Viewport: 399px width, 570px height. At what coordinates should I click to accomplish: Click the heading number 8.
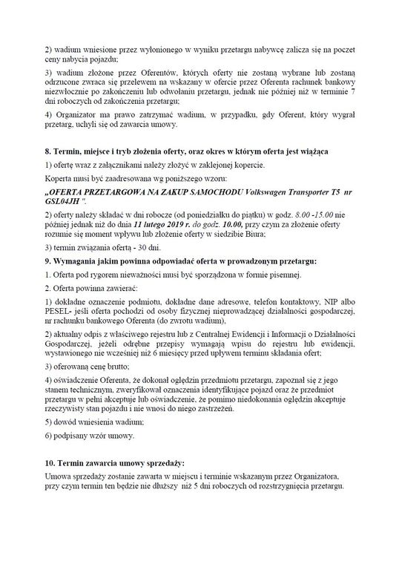47,151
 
